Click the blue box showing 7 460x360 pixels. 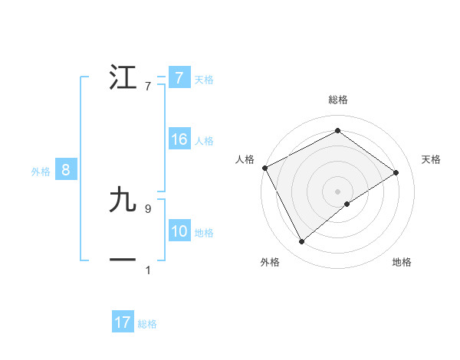point(179,77)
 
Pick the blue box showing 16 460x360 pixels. point(179,139)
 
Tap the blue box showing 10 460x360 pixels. point(179,231)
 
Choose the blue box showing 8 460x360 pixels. point(65,170)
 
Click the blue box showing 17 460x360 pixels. point(123,322)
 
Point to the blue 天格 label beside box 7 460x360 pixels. point(204,79)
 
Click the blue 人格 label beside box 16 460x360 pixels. point(204,141)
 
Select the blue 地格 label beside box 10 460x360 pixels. point(204,233)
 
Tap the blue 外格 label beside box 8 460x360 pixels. point(41,172)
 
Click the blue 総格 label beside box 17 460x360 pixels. point(147,324)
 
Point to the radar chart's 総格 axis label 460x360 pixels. point(337,100)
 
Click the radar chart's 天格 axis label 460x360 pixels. point(432,159)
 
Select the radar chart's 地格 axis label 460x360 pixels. point(402,262)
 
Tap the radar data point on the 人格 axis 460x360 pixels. point(264,167)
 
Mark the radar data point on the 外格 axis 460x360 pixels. point(301,242)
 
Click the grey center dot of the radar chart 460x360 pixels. point(337,191)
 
